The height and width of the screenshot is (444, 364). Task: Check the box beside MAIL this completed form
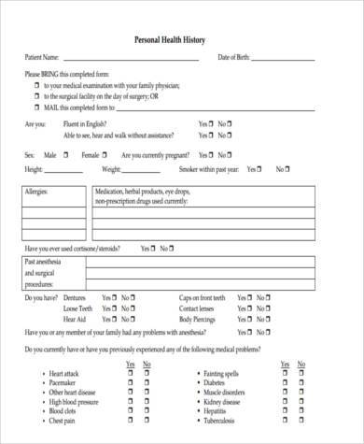coord(35,107)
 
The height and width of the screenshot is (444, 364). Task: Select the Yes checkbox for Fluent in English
coord(213,122)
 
